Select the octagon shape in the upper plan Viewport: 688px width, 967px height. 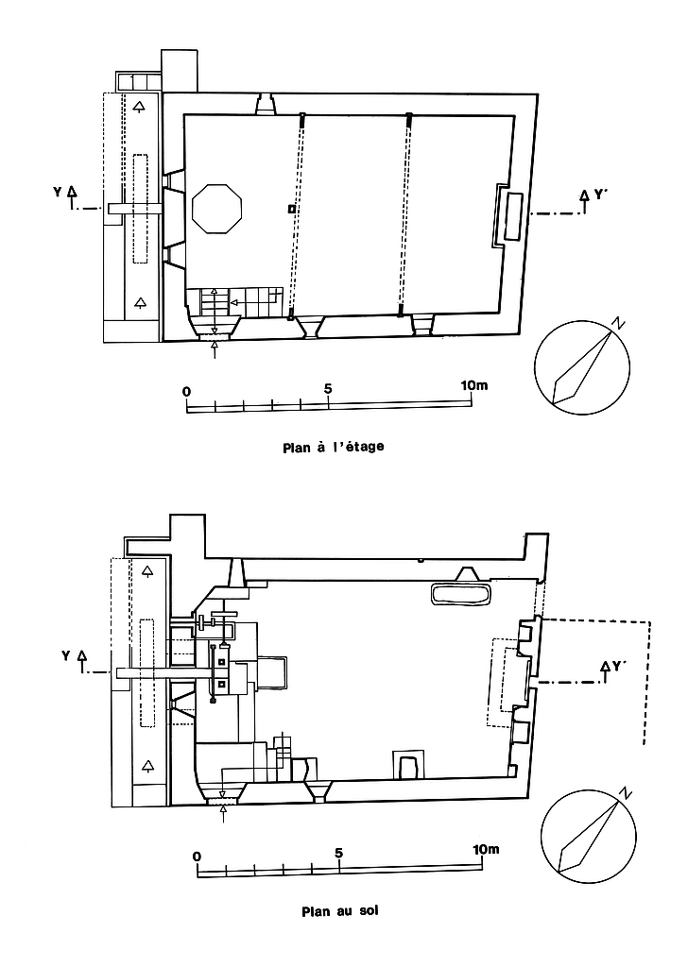click(x=217, y=208)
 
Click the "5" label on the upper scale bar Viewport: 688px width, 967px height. click(x=328, y=388)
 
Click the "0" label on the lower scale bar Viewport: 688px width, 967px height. click(x=197, y=856)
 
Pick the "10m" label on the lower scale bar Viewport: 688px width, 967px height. click(x=485, y=850)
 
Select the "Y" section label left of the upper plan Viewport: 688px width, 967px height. click(x=59, y=193)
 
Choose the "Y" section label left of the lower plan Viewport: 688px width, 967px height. click(x=64, y=653)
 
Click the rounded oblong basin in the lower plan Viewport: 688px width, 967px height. click(x=460, y=594)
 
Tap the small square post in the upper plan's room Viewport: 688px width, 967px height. click(x=292, y=208)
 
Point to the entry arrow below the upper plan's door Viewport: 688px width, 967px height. click(x=215, y=348)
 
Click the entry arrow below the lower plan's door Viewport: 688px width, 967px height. click(x=223, y=811)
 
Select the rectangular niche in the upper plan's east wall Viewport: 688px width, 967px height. click(x=514, y=216)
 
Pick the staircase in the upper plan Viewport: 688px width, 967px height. click(x=241, y=302)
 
